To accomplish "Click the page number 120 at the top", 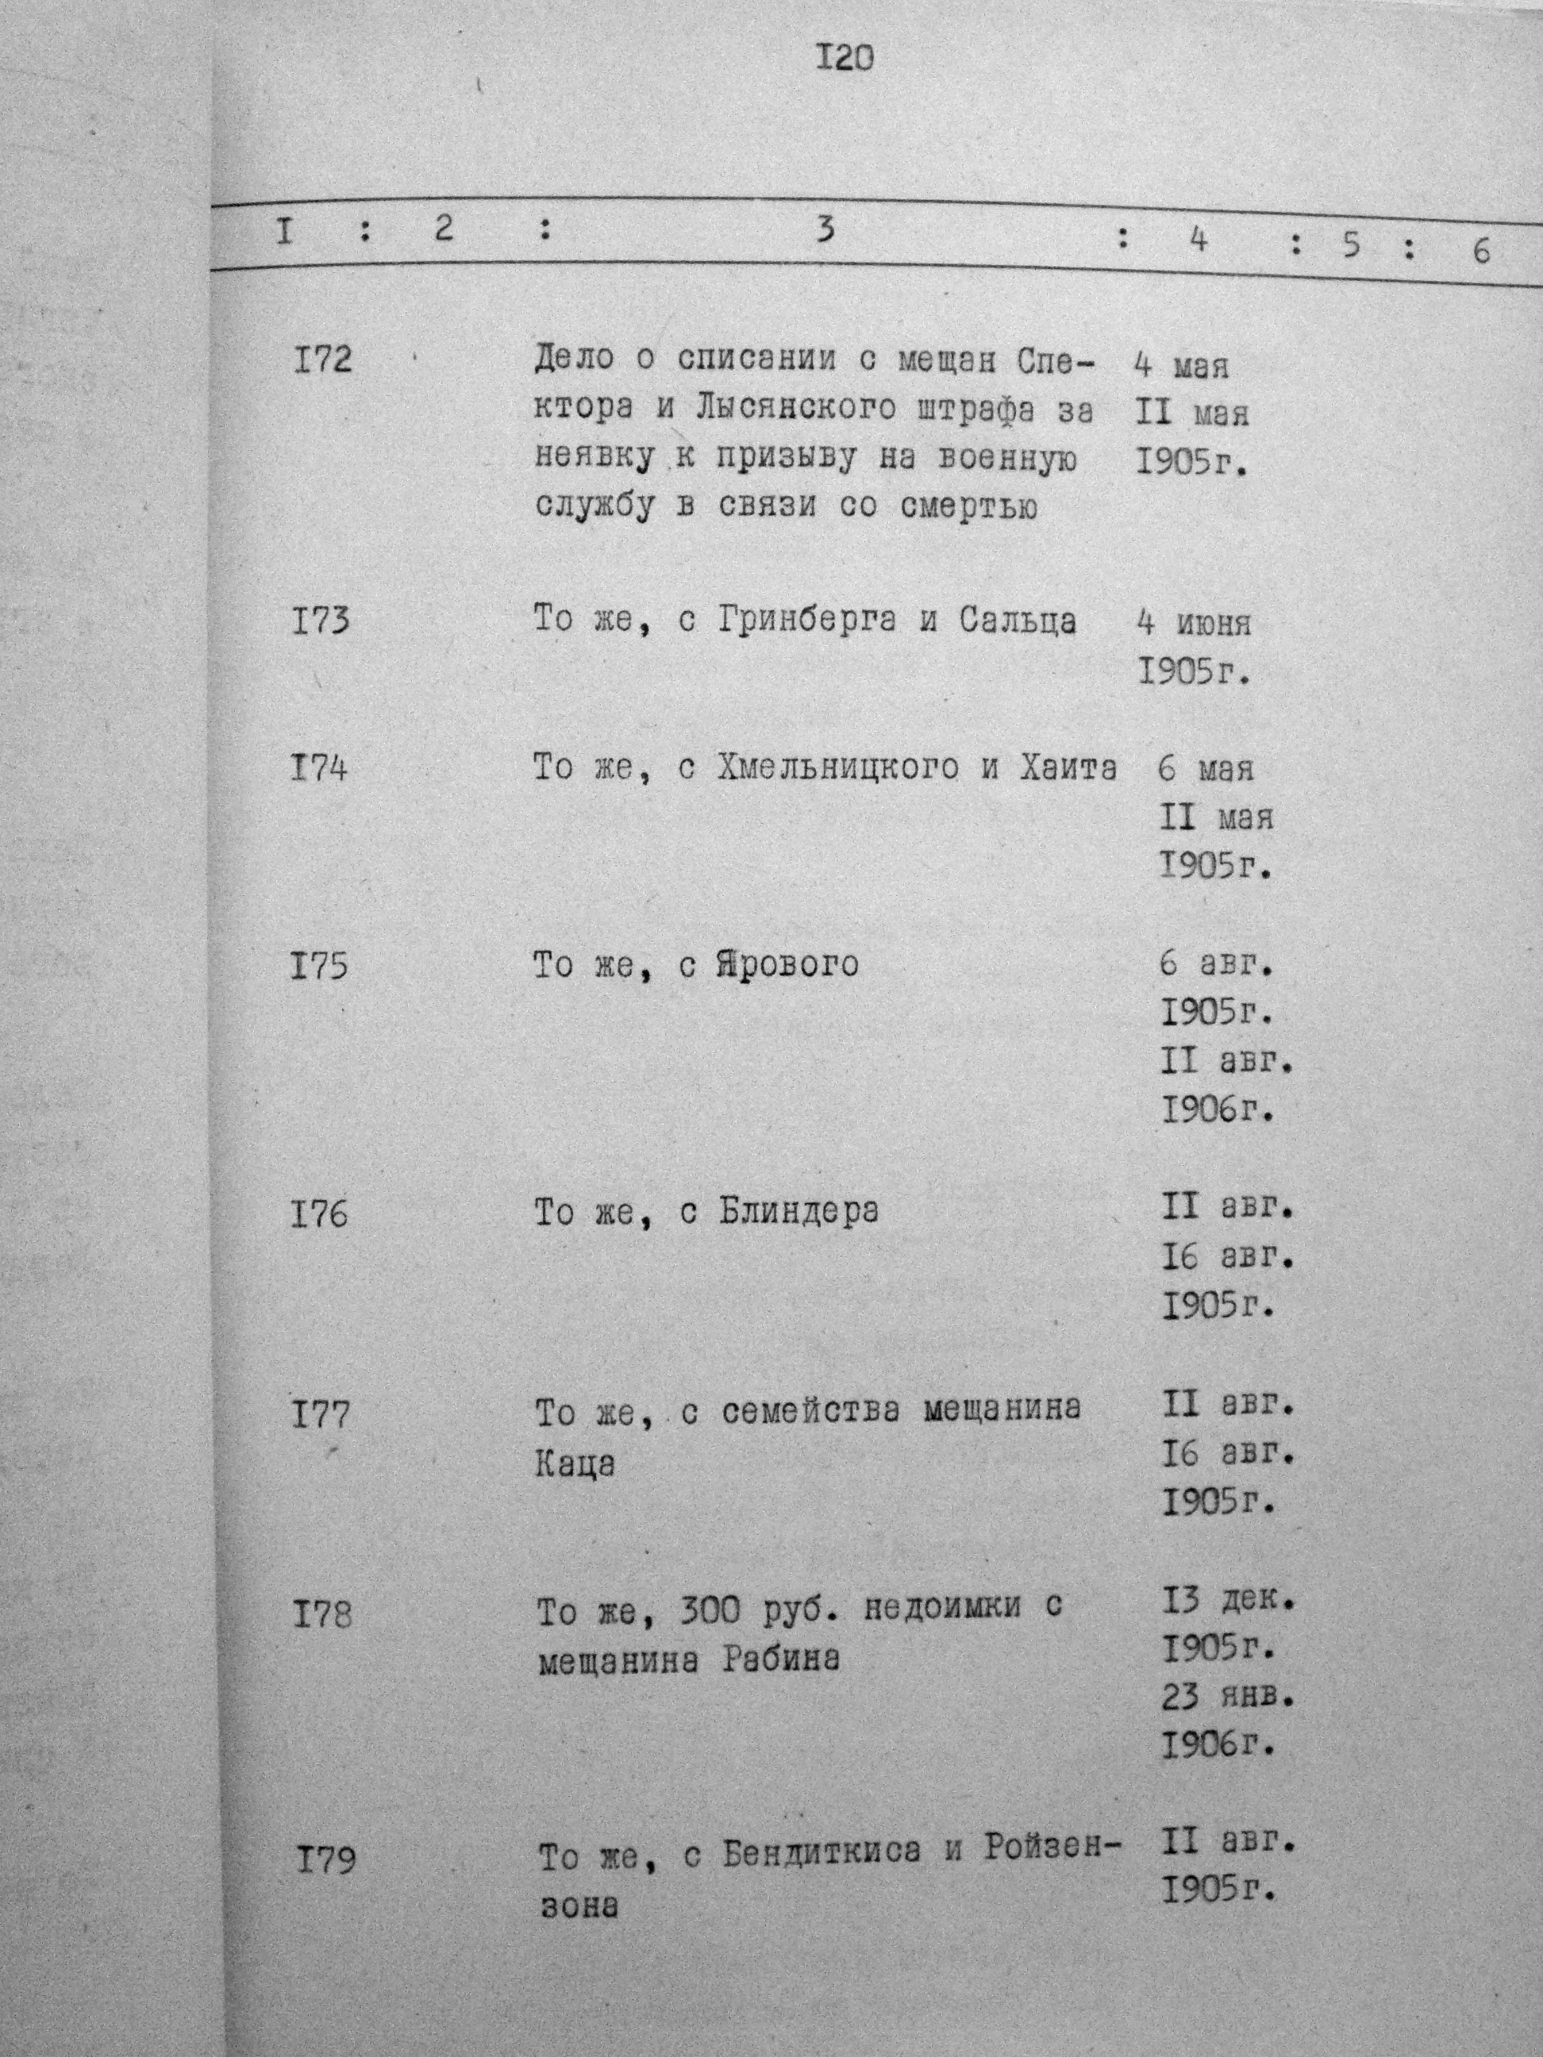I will click(845, 60).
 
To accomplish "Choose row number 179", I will click(325, 1836).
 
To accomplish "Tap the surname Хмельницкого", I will click(838, 768).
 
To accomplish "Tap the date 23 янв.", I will click(1228, 1699).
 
